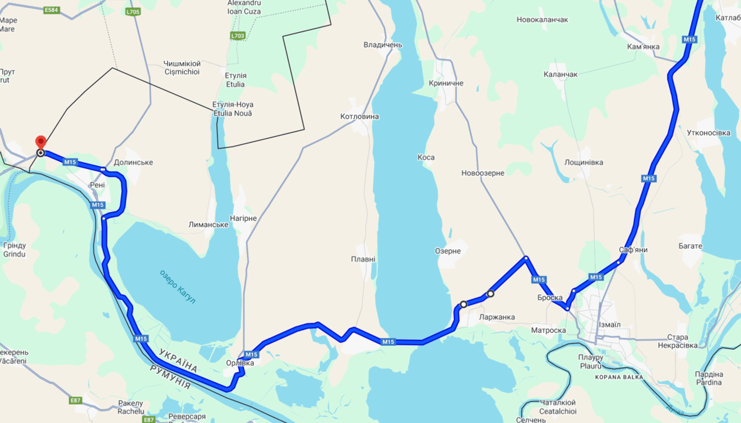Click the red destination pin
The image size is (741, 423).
point(40,142)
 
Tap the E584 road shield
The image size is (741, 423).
point(51,10)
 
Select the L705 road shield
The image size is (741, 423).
point(133,12)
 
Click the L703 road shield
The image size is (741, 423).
point(238,36)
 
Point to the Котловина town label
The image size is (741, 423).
point(359,117)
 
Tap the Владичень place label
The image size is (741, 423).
point(383,45)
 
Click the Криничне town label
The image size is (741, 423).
point(446,83)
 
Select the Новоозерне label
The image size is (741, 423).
point(482,173)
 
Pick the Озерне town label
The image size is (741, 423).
point(448,251)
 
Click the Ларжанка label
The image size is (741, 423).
point(497,317)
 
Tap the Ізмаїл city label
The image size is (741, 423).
point(608,325)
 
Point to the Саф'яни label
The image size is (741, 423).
point(633,250)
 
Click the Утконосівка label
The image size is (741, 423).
point(709,133)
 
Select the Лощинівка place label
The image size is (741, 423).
point(584,162)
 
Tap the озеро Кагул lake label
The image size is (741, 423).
point(178,286)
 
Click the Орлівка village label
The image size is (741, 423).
point(240,363)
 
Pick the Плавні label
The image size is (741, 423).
point(363,259)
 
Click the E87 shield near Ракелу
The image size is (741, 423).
point(76,400)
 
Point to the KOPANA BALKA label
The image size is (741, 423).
point(619,377)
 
